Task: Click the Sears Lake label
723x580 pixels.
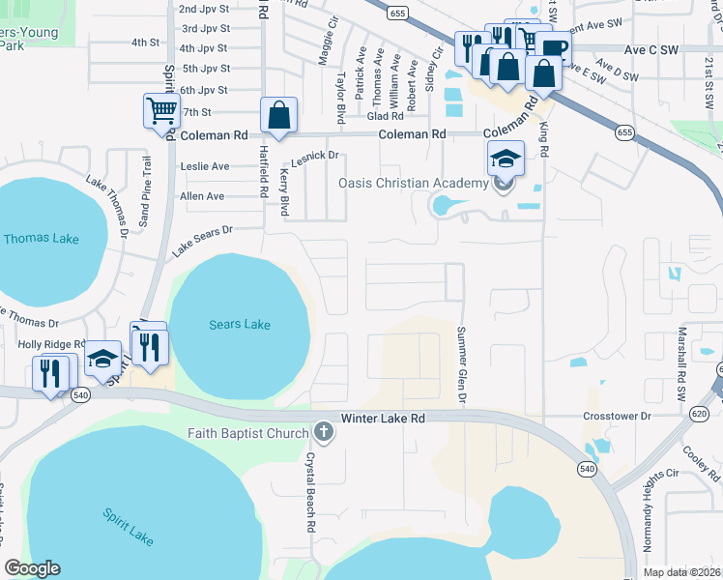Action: (x=240, y=325)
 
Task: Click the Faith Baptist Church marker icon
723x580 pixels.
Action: (x=325, y=433)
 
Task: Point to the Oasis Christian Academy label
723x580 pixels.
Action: (x=413, y=184)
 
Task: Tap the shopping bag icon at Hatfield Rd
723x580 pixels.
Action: (x=278, y=116)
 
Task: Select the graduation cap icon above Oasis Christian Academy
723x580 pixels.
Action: (x=506, y=158)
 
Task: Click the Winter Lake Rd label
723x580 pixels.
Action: (x=383, y=418)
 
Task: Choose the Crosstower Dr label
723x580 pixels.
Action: (x=620, y=416)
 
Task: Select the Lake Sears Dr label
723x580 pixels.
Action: (x=203, y=242)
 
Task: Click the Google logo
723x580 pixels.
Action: (x=33, y=568)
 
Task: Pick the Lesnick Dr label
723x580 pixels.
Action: (x=315, y=155)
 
